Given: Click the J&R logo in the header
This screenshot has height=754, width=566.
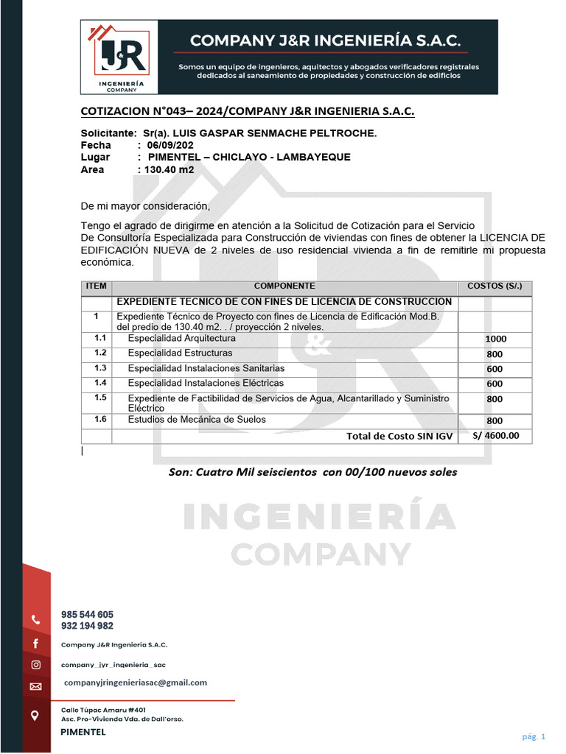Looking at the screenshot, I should point(119,57).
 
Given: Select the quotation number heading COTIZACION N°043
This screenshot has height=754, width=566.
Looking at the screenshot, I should point(247,111).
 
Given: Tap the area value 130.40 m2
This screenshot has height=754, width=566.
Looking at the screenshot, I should point(169,169).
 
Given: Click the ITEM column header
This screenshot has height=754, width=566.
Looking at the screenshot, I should point(96,286).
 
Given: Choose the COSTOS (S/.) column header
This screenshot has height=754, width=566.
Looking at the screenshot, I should point(495,286).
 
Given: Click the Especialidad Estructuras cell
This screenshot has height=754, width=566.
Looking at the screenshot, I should point(180,353).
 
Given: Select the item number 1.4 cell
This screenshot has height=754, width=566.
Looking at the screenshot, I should point(100,383).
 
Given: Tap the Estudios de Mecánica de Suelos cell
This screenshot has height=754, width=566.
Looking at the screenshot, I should point(197,420).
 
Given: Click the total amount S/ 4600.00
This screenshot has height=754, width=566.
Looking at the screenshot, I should point(495,435).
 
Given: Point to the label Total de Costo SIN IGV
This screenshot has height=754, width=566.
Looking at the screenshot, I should point(399,436).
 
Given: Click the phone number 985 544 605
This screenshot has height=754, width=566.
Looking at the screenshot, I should point(87,614).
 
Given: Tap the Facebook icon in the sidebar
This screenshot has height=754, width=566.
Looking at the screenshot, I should point(35,644).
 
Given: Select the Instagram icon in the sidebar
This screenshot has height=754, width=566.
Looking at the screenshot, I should point(35,665).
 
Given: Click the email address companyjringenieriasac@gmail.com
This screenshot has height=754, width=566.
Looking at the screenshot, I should point(136,683).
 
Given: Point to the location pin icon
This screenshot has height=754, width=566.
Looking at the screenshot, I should point(35,715).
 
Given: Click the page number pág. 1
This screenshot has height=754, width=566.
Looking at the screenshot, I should point(534,736).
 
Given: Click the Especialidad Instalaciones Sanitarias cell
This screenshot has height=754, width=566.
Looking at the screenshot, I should point(206,368).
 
